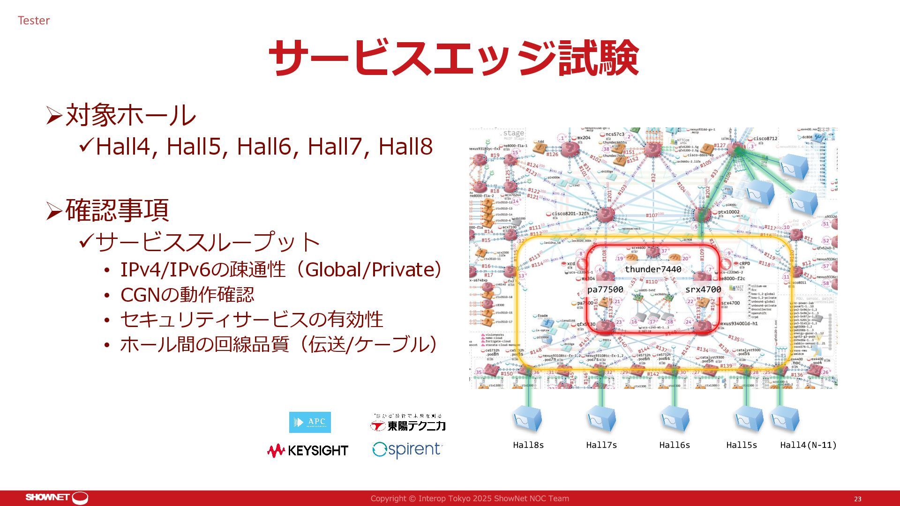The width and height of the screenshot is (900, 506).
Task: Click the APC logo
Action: coord(310,422)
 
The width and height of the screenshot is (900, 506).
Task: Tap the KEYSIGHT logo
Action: coord(307,451)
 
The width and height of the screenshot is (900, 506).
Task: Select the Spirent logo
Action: coord(407,450)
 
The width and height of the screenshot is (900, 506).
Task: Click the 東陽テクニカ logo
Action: coord(408,423)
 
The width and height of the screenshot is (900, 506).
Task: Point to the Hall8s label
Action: coord(528,445)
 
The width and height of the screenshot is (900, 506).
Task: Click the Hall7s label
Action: coord(601,445)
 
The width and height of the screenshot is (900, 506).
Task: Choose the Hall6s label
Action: coord(675,445)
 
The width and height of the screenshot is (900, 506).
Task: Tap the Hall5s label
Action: coord(742,445)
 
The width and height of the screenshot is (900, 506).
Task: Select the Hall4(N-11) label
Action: coord(808,445)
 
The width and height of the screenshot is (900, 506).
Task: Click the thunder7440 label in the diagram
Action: coord(653,269)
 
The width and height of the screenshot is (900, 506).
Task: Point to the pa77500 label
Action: coord(605,290)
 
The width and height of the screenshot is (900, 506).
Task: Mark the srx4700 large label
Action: coord(703,290)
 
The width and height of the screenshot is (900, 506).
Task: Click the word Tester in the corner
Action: coord(34,21)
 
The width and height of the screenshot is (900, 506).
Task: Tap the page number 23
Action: coord(857,499)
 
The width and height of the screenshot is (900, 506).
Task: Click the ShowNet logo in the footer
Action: coord(57,498)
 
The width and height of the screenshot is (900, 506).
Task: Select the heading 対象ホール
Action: coord(130,115)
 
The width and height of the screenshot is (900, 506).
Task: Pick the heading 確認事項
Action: coord(117,210)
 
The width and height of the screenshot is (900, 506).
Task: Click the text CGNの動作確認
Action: coord(187,295)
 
